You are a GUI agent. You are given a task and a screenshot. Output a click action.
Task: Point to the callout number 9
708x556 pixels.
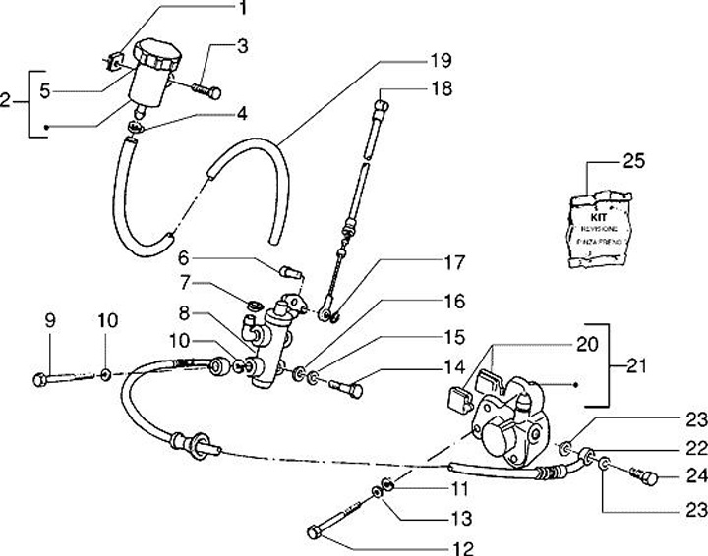48,320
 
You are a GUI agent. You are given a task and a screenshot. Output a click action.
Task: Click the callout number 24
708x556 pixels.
695,478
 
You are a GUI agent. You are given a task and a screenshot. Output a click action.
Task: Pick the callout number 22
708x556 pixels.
695,448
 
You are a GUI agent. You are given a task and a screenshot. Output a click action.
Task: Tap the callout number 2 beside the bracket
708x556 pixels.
7,100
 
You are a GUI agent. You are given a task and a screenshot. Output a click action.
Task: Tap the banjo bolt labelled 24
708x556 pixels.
643,477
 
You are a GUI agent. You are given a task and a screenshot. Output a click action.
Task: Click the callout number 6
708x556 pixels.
184,258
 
